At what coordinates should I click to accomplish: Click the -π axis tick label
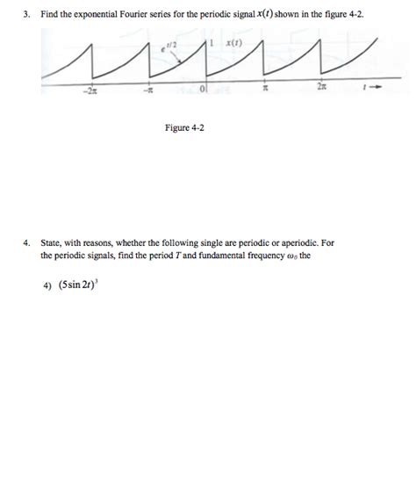[x=148, y=90]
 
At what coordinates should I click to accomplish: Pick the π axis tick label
[x=263, y=90]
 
